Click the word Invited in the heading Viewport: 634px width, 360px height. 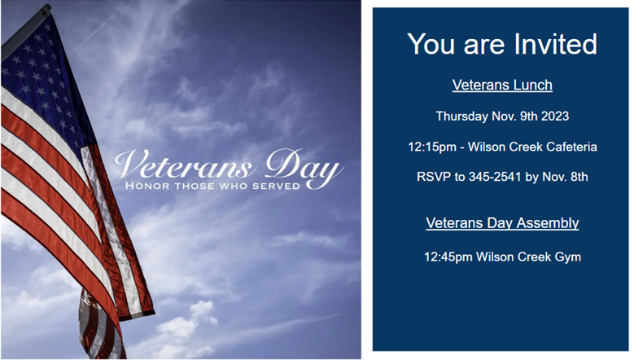click(556, 44)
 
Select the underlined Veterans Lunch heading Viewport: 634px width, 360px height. click(502, 85)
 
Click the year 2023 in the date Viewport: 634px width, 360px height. click(555, 116)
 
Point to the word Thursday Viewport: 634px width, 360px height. click(461, 116)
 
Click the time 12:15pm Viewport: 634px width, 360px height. click(432, 147)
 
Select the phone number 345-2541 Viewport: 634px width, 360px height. click(495, 177)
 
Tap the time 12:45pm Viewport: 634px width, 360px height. click(448, 257)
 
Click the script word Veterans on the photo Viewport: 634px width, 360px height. click(186, 165)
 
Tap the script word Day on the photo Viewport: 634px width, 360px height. click(304, 167)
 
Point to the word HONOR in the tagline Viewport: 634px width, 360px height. click(147, 186)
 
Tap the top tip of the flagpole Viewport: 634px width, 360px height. click(47, 7)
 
